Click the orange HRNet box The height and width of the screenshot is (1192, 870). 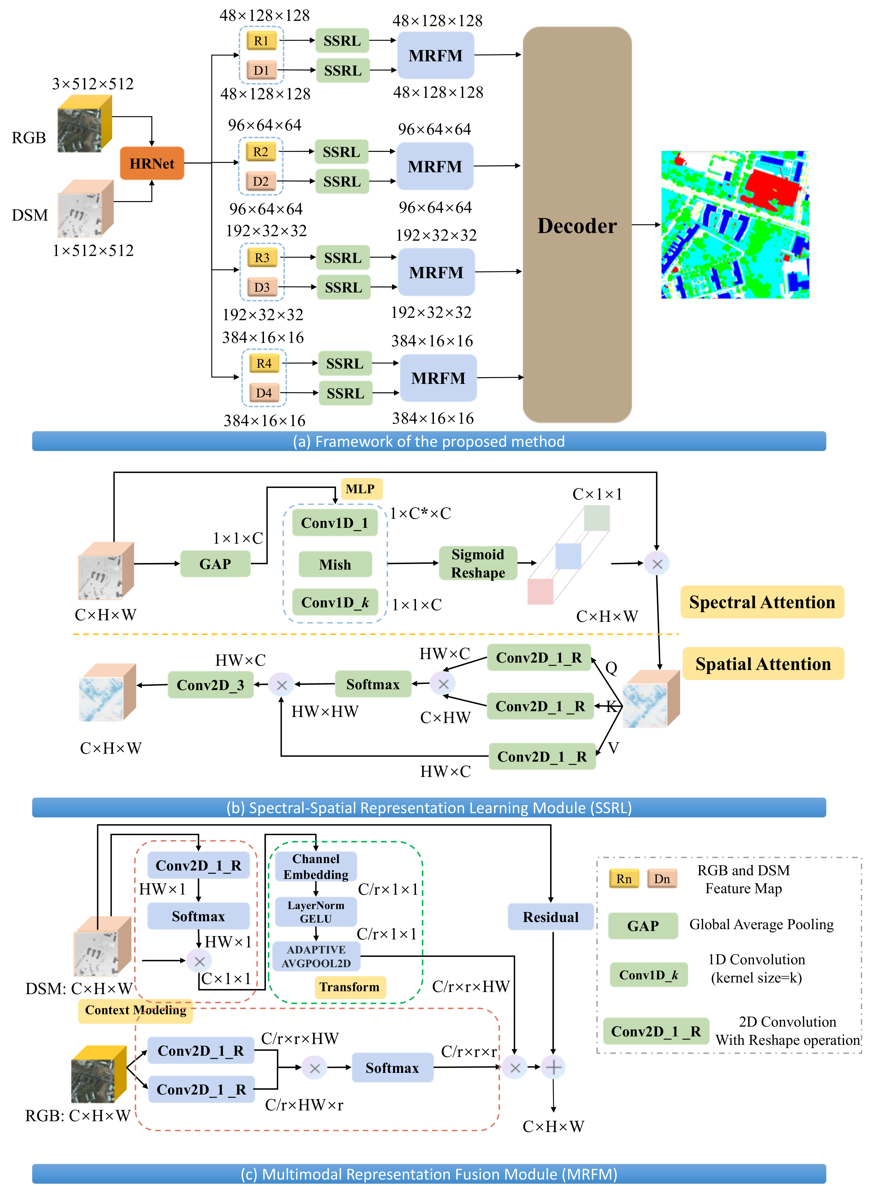[152, 163]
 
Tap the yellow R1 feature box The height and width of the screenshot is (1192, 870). [261, 41]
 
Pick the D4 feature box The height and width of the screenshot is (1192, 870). [264, 393]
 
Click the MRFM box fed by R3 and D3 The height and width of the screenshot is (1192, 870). [436, 272]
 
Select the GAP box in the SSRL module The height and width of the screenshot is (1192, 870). [215, 564]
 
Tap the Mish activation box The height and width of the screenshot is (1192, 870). [335, 564]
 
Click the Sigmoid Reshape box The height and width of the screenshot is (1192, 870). [478, 563]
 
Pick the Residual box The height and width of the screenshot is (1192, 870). [550, 917]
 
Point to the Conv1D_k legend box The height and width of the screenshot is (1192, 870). [648, 975]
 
